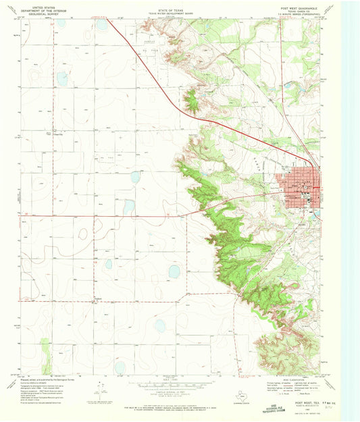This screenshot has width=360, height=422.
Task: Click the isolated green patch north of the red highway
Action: (x=192, y=101)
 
